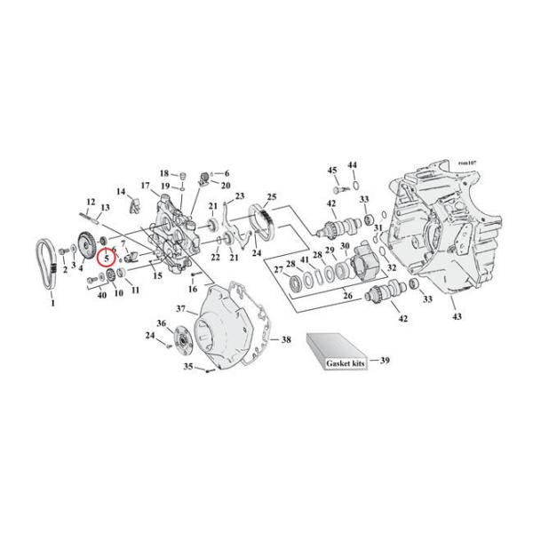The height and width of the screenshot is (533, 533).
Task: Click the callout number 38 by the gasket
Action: [x=285, y=339]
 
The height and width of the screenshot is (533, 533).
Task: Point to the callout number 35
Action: [x=187, y=366]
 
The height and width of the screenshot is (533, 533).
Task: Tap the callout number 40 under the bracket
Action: [x=102, y=294]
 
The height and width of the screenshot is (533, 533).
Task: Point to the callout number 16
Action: [x=193, y=290]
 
